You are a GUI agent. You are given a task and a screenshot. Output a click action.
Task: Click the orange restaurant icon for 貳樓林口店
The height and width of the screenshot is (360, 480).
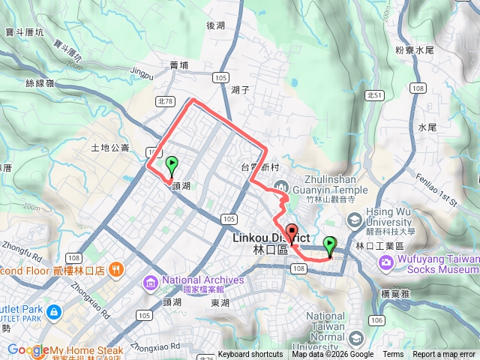(x=115, y=268)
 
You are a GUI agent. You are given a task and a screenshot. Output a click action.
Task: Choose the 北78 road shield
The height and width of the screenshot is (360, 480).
(x=165, y=101)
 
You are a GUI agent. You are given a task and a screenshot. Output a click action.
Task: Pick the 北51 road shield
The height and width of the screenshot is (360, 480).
(x=376, y=95)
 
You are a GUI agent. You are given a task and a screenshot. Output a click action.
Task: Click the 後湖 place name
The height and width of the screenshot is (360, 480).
(x=215, y=25)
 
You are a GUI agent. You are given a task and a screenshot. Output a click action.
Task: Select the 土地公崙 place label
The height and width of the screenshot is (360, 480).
(x=109, y=147)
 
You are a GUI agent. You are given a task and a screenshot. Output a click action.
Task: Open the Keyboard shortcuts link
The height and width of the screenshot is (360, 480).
(x=250, y=355)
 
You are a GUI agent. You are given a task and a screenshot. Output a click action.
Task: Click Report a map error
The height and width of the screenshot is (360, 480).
(x=444, y=355)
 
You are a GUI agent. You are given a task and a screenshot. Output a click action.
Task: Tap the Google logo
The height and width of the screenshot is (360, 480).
(x=28, y=349)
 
